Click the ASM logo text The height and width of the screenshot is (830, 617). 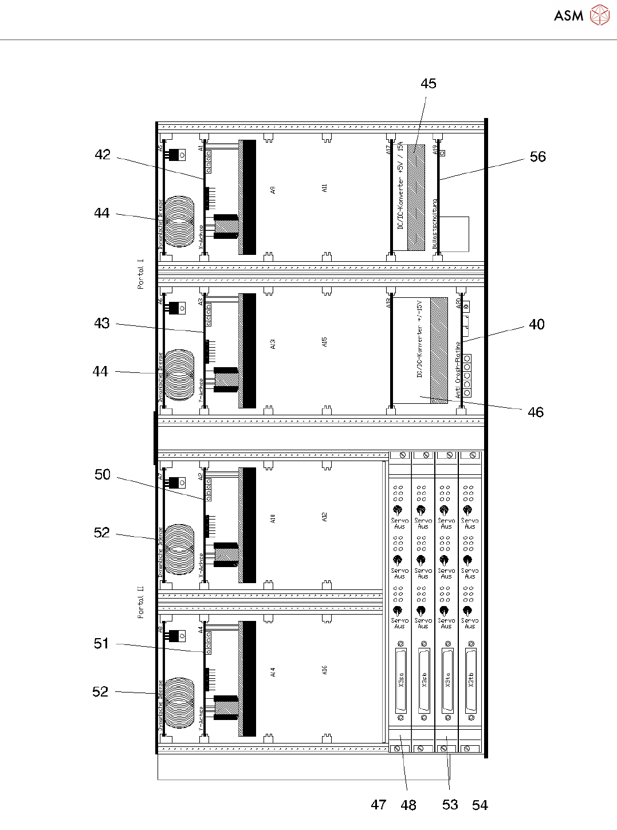[x=568, y=16]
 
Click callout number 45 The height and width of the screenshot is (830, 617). [x=428, y=84]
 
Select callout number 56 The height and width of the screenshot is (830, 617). [x=537, y=157]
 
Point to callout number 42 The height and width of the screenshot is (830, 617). [x=103, y=155]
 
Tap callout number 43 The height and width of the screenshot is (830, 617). [x=102, y=323]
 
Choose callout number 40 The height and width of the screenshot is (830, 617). [x=536, y=325]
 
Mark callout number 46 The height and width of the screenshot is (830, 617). [x=535, y=412]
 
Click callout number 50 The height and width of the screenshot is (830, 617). [x=103, y=475]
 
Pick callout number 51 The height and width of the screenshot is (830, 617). [x=101, y=643]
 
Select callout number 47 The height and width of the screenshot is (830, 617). [x=379, y=805]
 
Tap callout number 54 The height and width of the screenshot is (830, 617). [x=480, y=805]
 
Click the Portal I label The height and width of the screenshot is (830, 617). [x=141, y=274]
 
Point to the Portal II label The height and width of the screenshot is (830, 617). [x=141, y=602]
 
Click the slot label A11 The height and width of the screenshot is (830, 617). [x=324, y=188]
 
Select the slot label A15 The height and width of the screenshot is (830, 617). [x=324, y=342]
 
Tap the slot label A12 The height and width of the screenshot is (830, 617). [x=324, y=517]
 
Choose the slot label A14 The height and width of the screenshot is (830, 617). [x=273, y=672]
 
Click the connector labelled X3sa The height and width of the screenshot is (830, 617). [x=400, y=680]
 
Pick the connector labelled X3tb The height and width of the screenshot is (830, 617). [x=471, y=680]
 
